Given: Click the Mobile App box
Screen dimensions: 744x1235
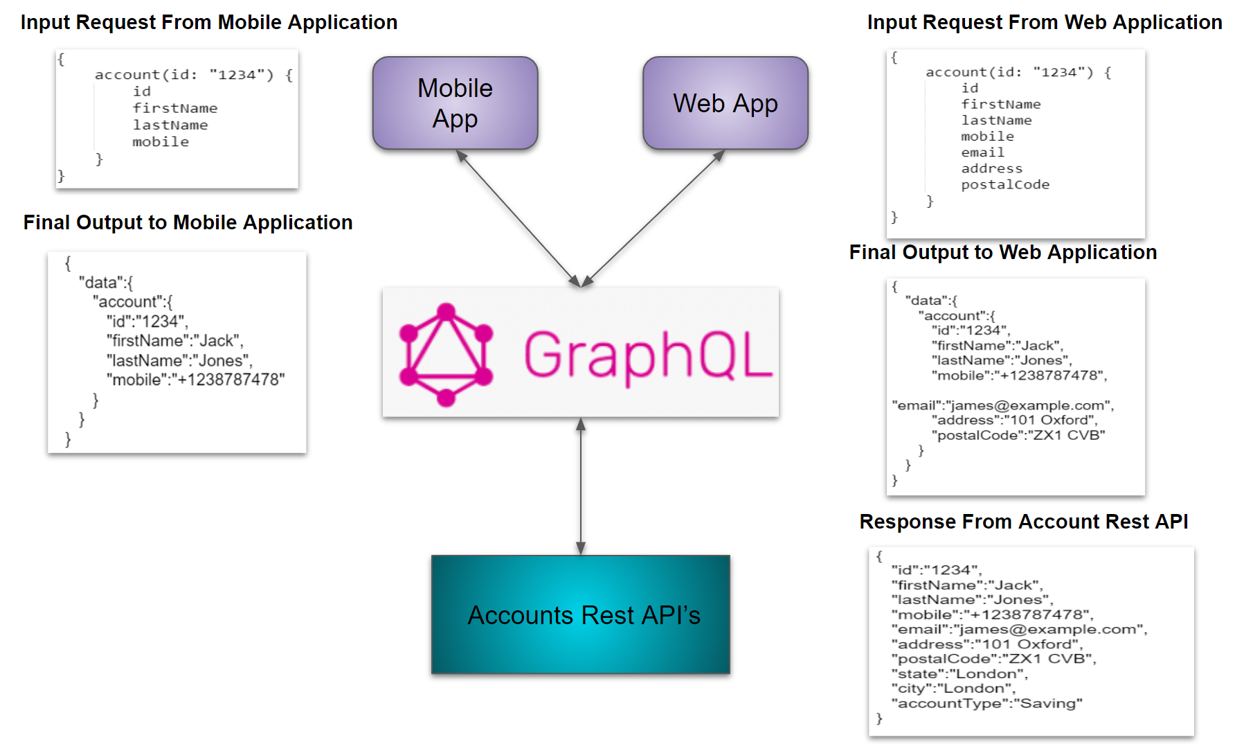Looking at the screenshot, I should point(455,103).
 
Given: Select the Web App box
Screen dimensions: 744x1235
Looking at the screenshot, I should point(725,103).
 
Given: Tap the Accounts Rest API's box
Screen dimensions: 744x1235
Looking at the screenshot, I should point(580,614).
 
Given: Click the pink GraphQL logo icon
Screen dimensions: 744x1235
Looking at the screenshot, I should point(446,354).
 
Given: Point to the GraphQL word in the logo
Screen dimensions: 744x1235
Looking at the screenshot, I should point(647,355).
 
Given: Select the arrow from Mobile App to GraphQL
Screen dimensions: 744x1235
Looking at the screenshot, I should point(518,219).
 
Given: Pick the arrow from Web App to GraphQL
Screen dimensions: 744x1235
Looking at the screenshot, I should point(653,219).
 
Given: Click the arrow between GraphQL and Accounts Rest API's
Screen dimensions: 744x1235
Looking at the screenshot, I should point(581,486).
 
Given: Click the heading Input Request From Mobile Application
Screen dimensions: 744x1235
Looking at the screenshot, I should point(209,22).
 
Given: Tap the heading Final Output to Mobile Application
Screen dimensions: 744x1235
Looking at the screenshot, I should point(188,222).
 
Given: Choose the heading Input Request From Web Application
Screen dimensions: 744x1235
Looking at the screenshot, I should point(1044,22).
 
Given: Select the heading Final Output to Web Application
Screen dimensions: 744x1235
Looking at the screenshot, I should point(1002,252).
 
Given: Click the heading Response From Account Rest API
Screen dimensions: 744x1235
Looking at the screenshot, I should point(1023,522).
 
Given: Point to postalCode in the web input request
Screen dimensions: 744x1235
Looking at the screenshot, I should point(1004,185).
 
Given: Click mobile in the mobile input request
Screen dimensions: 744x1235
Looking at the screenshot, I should point(161,142).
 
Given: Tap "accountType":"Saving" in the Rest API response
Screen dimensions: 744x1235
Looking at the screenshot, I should point(986,704).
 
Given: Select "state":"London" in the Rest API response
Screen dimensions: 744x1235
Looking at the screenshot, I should point(959,674).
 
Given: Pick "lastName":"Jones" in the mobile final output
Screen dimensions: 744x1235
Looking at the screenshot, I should point(179,361).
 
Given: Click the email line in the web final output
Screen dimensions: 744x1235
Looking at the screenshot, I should point(1002,405).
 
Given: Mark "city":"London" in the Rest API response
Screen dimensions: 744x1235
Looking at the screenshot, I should point(953,689).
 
